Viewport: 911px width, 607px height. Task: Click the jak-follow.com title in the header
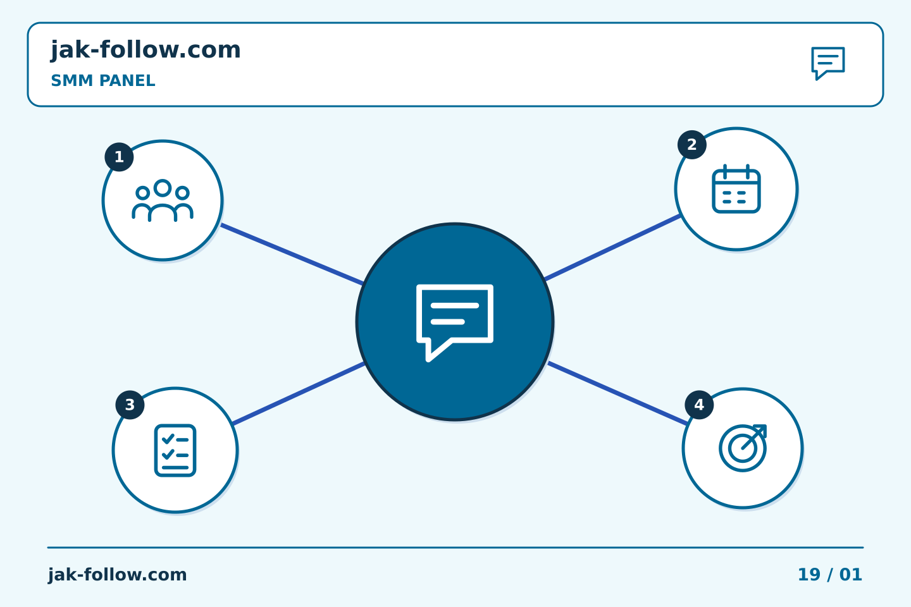click(x=146, y=50)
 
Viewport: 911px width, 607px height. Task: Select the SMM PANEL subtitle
click(x=103, y=80)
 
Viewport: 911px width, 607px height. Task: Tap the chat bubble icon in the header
click(x=828, y=63)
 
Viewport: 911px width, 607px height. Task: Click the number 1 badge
click(x=119, y=157)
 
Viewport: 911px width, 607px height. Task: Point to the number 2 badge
click(x=692, y=145)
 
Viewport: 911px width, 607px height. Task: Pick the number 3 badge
click(x=130, y=405)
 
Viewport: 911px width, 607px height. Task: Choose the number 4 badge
click(x=699, y=405)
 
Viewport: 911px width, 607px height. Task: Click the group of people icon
click(x=162, y=200)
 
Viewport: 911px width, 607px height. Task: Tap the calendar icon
click(x=736, y=188)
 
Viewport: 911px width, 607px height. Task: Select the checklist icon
click(x=175, y=450)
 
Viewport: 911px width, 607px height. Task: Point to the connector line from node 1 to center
click(x=292, y=254)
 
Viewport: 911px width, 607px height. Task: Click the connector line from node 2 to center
click(x=612, y=247)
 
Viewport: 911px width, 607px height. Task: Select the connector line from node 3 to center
click(x=299, y=393)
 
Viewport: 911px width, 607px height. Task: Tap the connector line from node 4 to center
click(x=617, y=393)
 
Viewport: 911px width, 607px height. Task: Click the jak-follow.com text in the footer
click(x=117, y=575)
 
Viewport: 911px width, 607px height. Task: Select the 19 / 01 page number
click(x=829, y=575)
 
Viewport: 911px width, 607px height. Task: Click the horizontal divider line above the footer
click(x=455, y=548)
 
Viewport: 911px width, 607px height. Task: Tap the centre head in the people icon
click(x=162, y=188)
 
